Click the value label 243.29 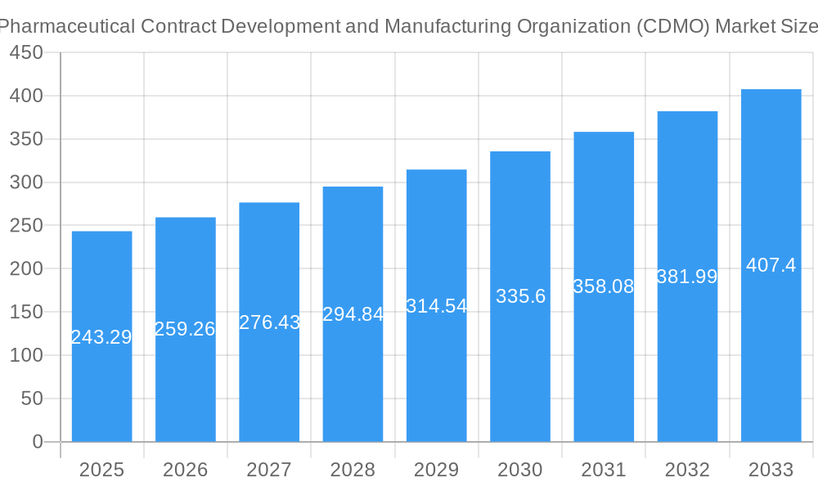point(101,337)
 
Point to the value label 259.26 point(185,329)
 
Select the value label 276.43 point(269,322)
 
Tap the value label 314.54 point(437,306)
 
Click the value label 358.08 point(604,286)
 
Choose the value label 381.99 point(687,277)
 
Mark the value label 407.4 point(771,265)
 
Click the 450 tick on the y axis point(26,52)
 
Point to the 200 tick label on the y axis point(26,268)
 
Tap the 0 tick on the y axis point(37,442)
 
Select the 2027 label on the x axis point(269,470)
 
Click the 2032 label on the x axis point(687,470)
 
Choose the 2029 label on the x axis point(437,470)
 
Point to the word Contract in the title point(178,25)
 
